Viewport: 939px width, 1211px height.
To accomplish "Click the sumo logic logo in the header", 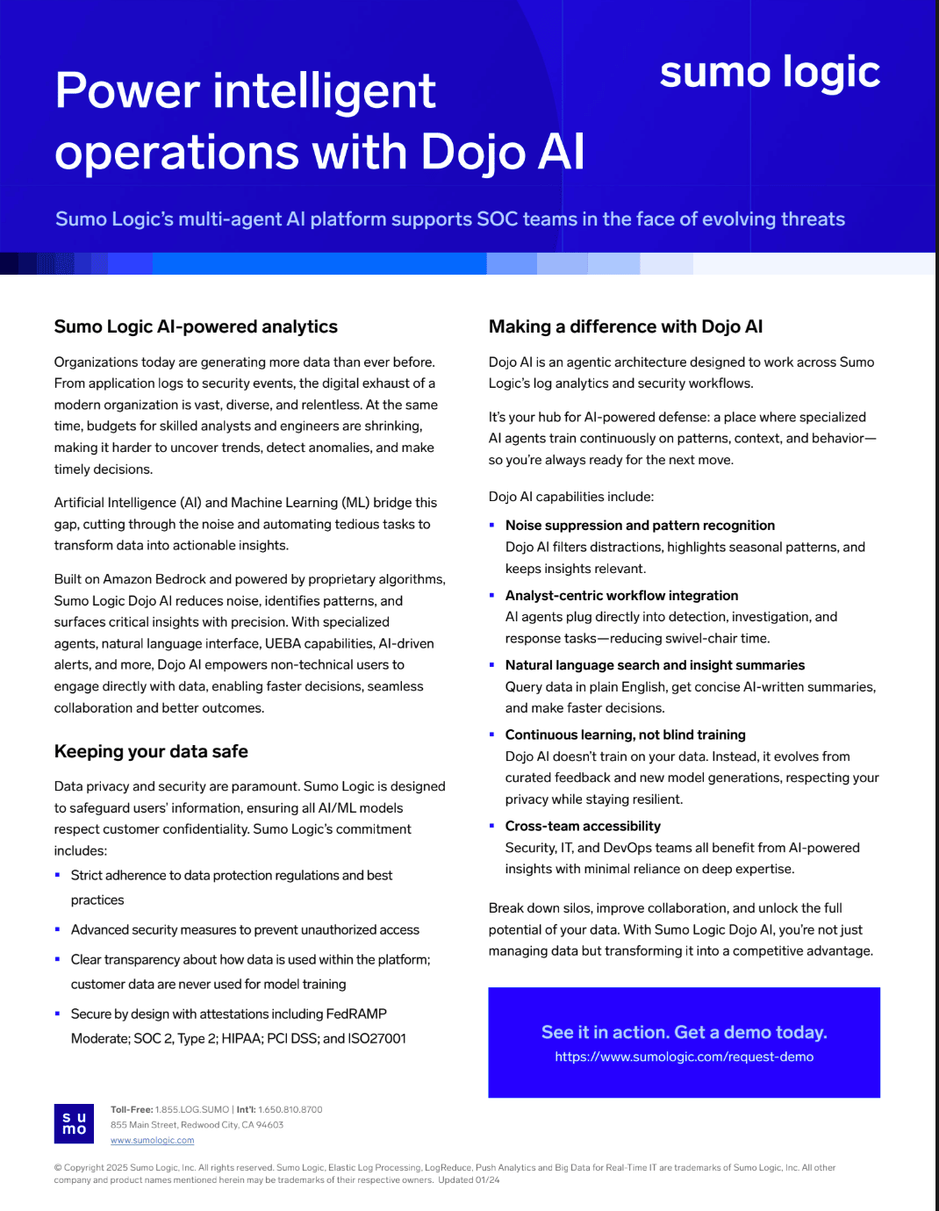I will click(770, 73).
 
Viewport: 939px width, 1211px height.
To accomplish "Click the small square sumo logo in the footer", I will click(75, 1123).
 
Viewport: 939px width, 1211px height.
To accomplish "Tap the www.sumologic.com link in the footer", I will click(152, 1141).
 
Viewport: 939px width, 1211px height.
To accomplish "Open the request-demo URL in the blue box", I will click(684, 1057).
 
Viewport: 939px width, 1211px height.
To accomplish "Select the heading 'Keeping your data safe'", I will click(151, 751).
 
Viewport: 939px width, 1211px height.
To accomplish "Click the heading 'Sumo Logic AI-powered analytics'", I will click(196, 326).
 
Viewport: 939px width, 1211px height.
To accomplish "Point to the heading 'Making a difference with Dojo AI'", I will click(626, 326).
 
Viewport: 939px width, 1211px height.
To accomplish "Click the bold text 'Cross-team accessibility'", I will click(583, 826).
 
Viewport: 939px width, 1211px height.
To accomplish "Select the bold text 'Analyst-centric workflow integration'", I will click(621, 595).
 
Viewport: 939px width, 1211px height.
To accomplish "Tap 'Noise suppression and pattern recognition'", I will click(640, 525).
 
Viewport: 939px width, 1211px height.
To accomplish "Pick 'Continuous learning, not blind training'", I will click(625, 734).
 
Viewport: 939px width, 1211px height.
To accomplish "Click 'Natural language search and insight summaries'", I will click(655, 665).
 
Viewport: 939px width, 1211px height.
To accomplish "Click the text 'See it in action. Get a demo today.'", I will click(684, 1032).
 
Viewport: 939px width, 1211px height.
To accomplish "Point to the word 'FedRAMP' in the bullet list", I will click(356, 1014).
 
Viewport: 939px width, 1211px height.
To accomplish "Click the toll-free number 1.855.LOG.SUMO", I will click(192, 1110).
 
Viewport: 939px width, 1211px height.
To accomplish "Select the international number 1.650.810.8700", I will click(290, 1110).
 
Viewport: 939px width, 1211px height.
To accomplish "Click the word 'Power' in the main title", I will click(128, 91).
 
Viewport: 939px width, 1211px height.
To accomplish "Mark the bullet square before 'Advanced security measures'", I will click(58, 929).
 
